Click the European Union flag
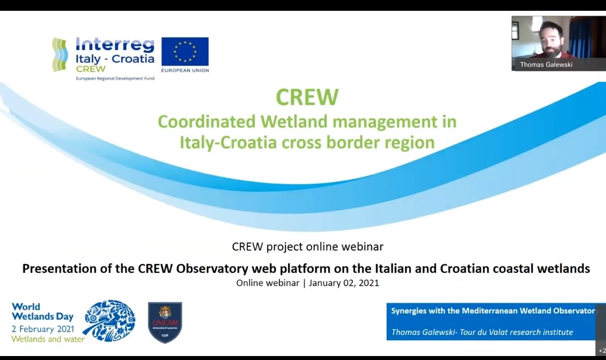(x=185, y=51)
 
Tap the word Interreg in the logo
(x=115, y=44)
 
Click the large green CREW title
(x=307, y=97)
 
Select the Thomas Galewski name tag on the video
(x=546, y=65)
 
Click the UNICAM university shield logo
(x=165, y=322)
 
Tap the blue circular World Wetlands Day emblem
(x=109, y=321)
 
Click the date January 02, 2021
(x=344, y=283)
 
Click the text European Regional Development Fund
(x=115, y=78)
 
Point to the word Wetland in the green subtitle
(x=294, y=121)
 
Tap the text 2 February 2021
(x=43, y=329)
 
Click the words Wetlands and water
(x=48, y=339)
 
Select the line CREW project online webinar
(x=308, y=247)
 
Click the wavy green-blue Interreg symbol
(x=60, y=55)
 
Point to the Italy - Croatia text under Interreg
(x=115, y=59)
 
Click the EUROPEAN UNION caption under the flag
(x=185, y=71)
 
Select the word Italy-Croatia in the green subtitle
(x=229, y=142)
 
